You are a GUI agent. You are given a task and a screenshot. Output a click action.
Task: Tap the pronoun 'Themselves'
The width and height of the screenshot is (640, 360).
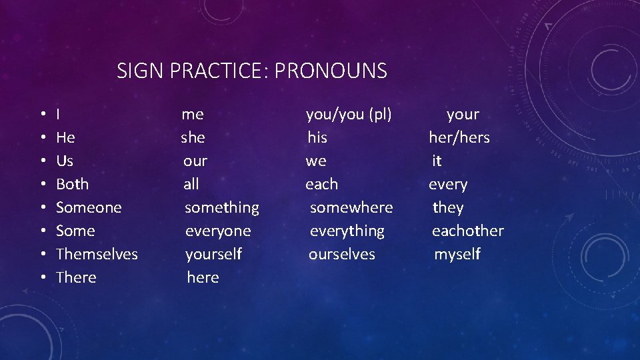[x=97, y=254]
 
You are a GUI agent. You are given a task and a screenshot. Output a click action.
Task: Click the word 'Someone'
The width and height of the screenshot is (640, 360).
[x=89, y=207]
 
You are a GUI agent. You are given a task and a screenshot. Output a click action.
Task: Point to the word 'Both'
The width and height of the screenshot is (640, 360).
[x=72, y=184]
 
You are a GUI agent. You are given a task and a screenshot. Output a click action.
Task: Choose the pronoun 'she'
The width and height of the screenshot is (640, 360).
[x=193, y=138]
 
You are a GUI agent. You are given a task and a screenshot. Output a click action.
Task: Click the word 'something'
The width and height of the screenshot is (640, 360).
[x=221, y=208]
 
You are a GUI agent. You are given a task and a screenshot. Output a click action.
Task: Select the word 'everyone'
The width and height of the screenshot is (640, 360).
[x=218, y=231]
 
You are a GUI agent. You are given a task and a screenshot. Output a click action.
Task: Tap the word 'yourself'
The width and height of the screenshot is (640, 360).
[x=213, y=255]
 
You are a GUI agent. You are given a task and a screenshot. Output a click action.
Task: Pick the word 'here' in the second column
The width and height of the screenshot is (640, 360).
[x=203, y=277]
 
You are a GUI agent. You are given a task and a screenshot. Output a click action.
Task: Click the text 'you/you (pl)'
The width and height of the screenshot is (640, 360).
[x=349, y=115]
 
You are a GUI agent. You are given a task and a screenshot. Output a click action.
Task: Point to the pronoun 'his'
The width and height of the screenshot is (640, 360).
[x=317, y=138]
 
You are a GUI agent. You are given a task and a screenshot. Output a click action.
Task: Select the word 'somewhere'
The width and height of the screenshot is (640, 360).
[x=351, y=207]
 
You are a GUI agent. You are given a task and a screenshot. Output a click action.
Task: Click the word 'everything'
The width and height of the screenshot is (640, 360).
[x=347, y=231]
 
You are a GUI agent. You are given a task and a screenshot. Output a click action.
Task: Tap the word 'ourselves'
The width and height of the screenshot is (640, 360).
[x=341, y=254]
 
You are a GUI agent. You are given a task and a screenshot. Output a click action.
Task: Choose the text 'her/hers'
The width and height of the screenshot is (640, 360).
[x=459, y=138]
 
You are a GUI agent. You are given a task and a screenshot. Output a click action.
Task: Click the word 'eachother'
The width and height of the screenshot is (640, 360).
[x=467, y=231]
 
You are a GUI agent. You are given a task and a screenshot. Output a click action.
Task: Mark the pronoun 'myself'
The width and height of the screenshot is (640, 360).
[x=457, y=255]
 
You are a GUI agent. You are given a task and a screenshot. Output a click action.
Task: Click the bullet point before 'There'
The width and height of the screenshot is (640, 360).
[x=42, y=278]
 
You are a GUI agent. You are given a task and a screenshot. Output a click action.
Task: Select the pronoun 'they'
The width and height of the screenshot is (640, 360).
[x=447, y=208]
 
